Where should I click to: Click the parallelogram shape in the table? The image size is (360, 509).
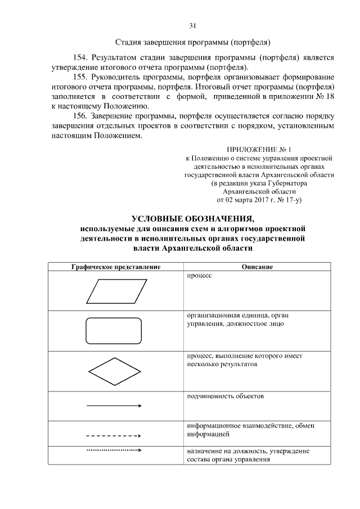click(115, 292)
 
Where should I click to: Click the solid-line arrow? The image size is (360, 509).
click(114, 406)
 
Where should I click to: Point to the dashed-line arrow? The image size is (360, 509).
click(114, 435)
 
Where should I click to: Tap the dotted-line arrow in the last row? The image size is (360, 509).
click(114, 451)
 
